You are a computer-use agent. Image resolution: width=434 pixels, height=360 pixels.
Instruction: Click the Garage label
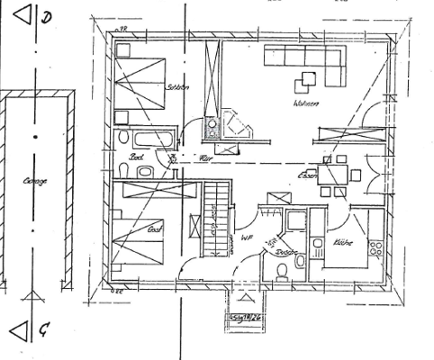pyautogui.click(x=35, y=181)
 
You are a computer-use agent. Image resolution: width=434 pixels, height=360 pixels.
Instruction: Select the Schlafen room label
pyautogui.click(x=177, y=87)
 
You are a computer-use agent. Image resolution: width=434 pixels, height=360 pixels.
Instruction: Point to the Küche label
pyautogui.click(x=342, y=242)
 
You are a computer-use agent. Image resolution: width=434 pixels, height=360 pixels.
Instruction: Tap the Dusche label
pyautogui.click(x=286, y=253)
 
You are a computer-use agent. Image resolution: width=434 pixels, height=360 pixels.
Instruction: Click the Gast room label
pyautogui.click(x=153, y=229)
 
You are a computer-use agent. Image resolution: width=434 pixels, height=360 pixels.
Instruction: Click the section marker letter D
pyautogui.click(x=47, y=16)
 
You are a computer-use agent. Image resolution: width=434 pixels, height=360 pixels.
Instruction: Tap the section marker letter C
pyautogui.click(x=44, y=330)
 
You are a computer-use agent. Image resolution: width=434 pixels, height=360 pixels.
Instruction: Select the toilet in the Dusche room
pyautogui.click(x=282, y=277)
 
